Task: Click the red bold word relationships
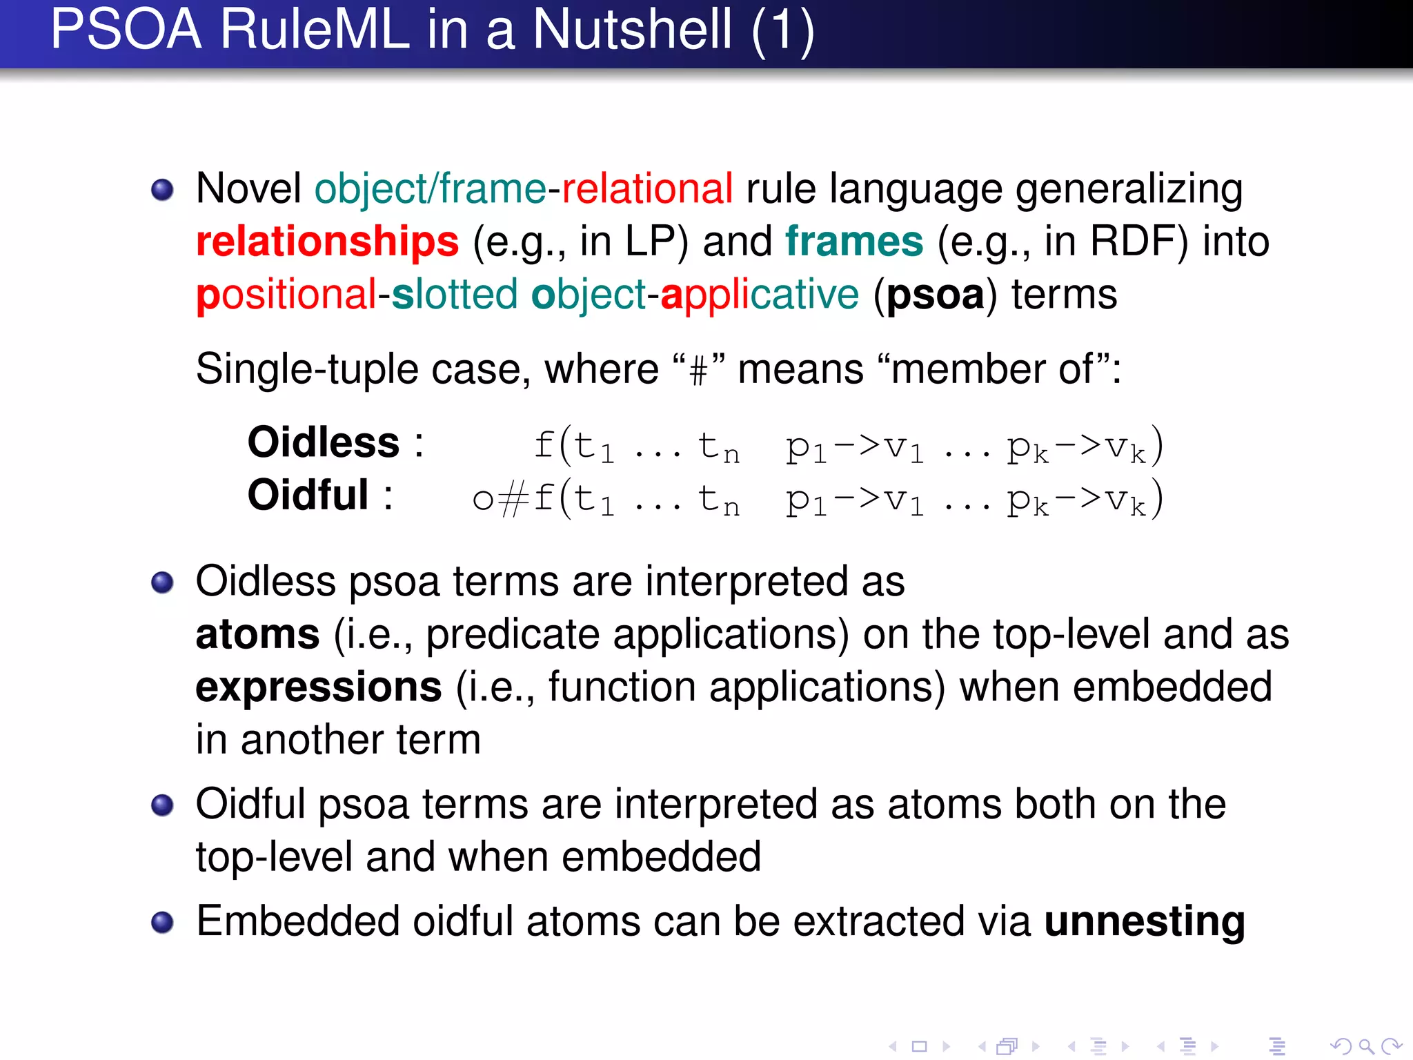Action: [x=327, y=242]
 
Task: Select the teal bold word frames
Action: [x=854, y=242]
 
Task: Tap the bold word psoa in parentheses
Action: [x=935, y=295]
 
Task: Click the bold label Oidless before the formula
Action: [x=324, y=442]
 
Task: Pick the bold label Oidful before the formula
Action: [x=308, y=495]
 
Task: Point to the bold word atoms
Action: [x=257, y=635]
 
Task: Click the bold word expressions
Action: [x=319, y=687]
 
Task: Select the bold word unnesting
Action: [x=1145, y=921]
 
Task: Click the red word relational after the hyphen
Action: [x=647, y=188]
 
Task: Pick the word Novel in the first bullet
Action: [x=248, y=188]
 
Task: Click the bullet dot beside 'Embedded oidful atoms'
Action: [x=162, y=922]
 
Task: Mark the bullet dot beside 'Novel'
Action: [x=162, y=189]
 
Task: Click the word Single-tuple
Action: [x=307, y=369]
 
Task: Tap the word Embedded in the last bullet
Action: [x=297, y=921]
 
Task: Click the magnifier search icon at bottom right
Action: [x=1365, y=1047]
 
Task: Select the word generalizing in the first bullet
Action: [x=1129, y=190]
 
